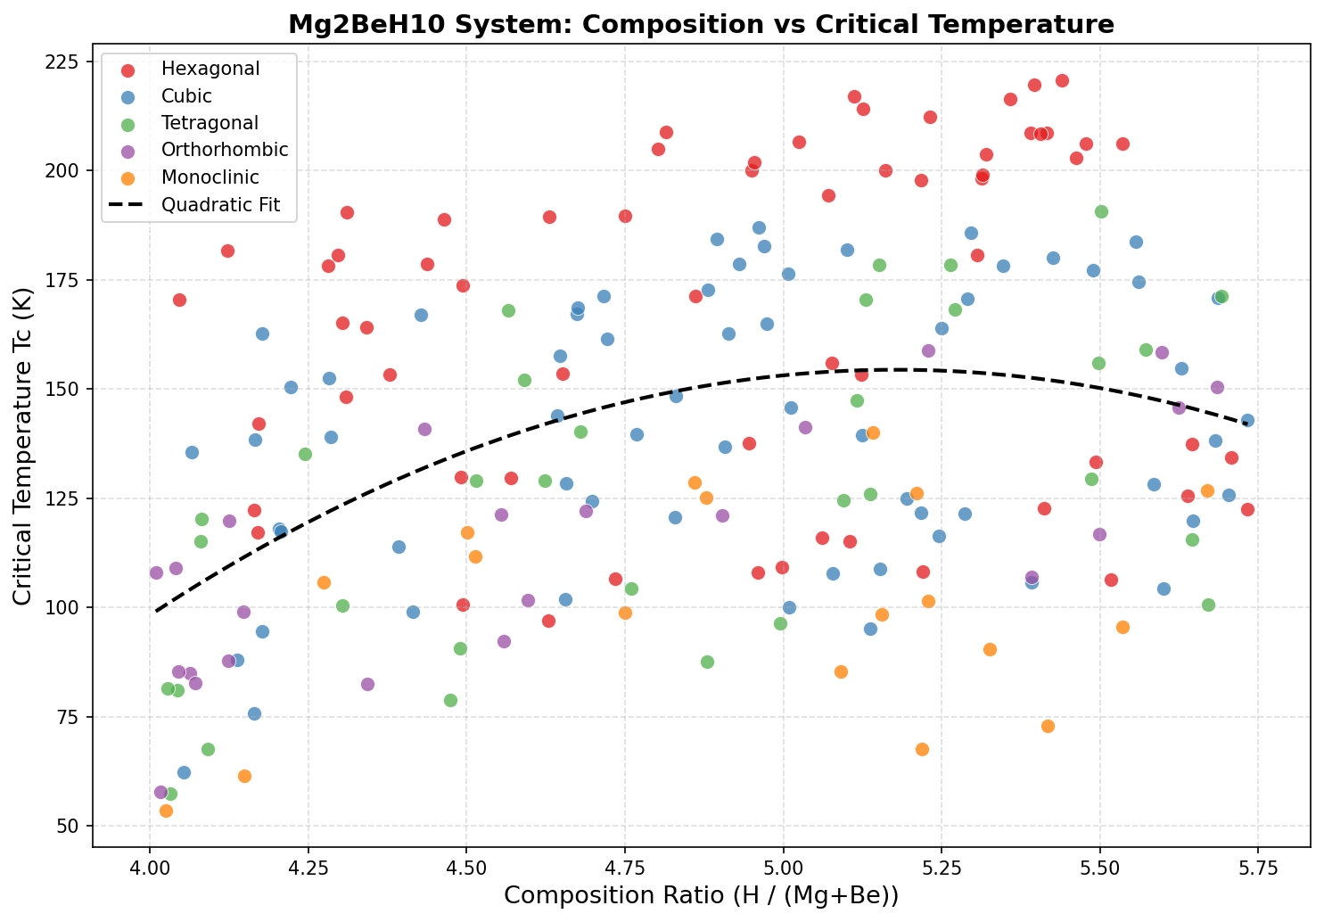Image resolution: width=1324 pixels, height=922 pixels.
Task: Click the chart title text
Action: (701, 24)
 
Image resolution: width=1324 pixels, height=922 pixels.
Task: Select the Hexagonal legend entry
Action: (210, 69)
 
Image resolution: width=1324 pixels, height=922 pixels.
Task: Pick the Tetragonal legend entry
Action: (210, 123)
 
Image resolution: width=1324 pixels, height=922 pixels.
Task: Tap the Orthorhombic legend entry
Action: (225, 150)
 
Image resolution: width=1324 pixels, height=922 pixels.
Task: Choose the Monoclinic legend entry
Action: (210, 177)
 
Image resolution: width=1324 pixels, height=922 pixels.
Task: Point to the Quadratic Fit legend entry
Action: (220, 205)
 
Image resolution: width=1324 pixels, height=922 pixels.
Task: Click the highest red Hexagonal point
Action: (1062, 81)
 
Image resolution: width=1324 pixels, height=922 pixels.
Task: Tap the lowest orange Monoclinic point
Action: (166, 811)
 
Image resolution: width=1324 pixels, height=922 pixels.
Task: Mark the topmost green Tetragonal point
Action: (1101, 211)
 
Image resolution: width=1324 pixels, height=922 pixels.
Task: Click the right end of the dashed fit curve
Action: (1247, 424)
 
